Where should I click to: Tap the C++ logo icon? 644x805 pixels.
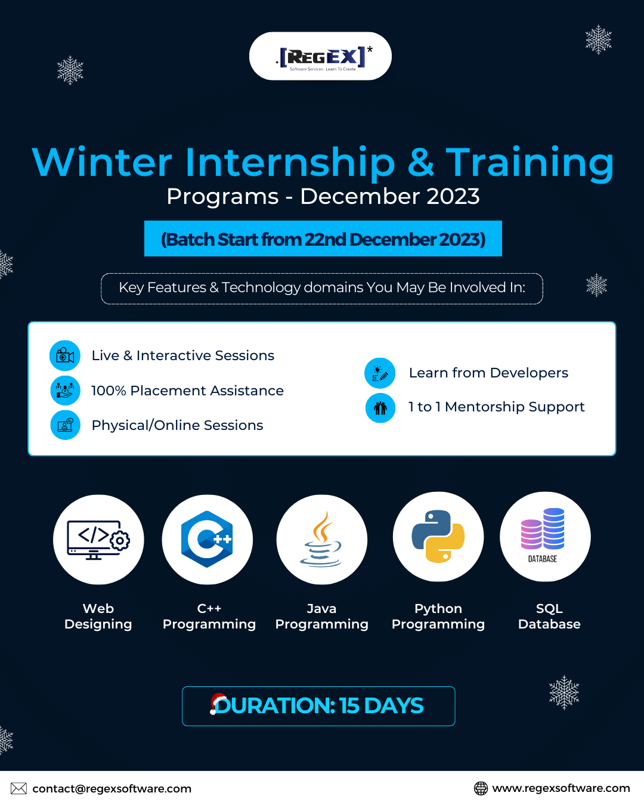(207, 539)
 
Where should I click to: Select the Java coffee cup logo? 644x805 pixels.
(321, 539)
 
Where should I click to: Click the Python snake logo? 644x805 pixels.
(438, 536)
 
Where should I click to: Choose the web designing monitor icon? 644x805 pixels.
(98, 540)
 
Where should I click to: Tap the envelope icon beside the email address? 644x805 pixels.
(18, 788)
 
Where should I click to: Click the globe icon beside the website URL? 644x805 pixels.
(481, 788)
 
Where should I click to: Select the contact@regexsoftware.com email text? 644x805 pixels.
(112, 788)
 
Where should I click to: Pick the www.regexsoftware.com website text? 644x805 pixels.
(561, 788)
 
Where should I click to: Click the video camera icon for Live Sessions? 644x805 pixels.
(65, 355)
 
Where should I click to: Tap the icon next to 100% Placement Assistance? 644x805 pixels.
(65, 391)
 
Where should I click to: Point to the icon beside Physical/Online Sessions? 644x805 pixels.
(65, 425)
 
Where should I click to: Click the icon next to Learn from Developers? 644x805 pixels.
(380, 373)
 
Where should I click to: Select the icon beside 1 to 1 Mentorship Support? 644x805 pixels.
(380, 408)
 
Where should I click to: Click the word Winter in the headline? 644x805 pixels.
(102, 162)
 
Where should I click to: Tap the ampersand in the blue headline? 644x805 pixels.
(420, 162)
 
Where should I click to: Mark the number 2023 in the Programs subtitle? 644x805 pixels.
(453, 196)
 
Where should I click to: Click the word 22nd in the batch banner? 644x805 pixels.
(325, 239)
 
